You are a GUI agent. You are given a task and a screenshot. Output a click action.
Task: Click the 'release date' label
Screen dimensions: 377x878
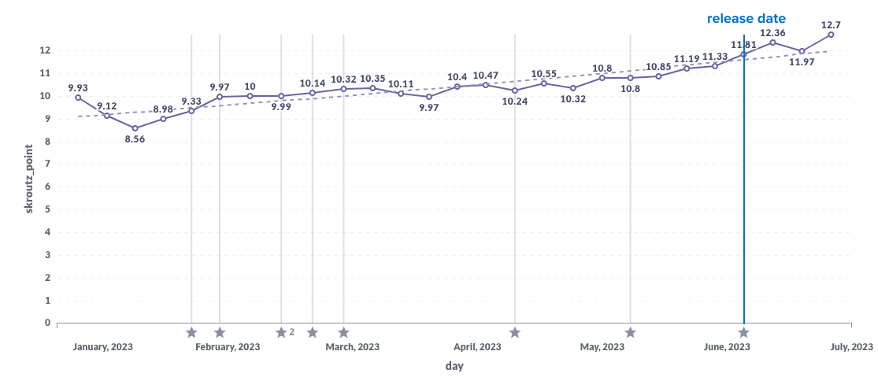pos(746,18)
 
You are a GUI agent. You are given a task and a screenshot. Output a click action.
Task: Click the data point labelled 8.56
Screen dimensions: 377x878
pos(135,128)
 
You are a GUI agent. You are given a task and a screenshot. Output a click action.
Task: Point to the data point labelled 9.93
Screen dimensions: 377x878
pos(78,98)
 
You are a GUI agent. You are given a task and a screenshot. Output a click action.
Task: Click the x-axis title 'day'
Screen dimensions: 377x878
pos(454,366)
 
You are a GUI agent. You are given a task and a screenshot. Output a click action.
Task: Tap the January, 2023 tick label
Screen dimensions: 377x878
pos(103,347)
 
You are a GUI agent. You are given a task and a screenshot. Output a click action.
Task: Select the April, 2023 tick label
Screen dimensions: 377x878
pos(477,347)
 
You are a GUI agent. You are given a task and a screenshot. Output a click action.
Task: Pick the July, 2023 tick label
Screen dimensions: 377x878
pos(851,347)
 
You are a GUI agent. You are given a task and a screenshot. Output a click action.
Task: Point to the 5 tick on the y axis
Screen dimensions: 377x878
pos(47,210)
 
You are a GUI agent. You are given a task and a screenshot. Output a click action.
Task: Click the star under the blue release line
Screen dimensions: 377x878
pos(743,333)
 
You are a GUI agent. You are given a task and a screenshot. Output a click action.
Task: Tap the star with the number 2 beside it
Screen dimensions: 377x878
pos(281,333)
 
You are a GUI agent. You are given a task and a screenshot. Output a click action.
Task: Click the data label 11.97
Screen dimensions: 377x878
pos(802,62)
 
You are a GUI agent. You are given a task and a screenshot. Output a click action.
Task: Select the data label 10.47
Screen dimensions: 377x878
pos(486,76)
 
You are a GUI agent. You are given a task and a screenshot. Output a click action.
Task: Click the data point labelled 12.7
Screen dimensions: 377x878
pos(831,35)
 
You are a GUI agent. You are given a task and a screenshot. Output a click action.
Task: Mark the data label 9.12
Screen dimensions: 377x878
pos(107,106)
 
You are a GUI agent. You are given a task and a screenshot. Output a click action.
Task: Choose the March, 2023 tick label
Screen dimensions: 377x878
pos(352,347)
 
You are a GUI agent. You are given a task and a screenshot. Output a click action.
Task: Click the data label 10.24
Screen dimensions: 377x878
pos(514,102)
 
